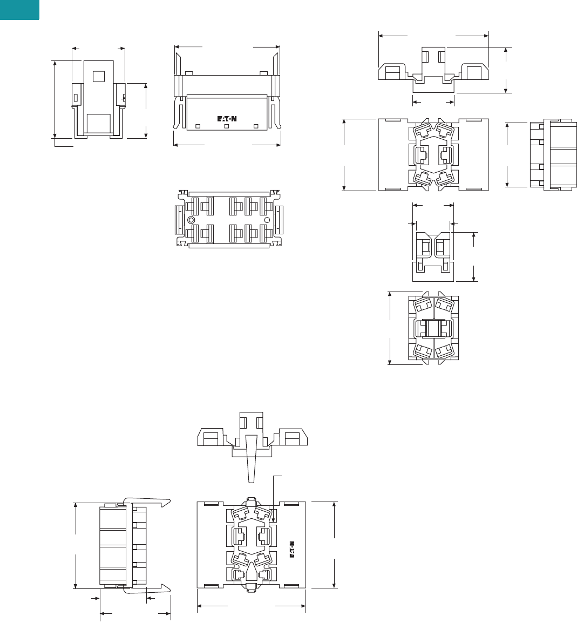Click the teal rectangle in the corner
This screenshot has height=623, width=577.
(19, 10)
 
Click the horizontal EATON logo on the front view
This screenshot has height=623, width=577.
(227, 118)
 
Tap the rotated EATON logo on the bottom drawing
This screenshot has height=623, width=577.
(292, 549)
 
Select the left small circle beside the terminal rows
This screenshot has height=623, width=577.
(191, 220)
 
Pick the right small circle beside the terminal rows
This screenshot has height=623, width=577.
(267, 220)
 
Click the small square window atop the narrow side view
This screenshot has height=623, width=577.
(98, 76)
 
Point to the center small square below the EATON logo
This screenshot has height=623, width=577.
(227, 126)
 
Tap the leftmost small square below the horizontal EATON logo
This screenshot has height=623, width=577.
(198, 126)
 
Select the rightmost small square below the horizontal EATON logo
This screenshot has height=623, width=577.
(256, 126)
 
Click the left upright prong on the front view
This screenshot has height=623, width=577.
(178, 64)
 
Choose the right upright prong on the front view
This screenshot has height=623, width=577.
(275, 64)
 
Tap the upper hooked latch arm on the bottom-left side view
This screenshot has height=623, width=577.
(147, 502)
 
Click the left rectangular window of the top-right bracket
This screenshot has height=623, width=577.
(392, 73)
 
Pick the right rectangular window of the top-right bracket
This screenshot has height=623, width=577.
(474, 73)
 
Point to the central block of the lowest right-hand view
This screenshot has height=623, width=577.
(433, 328)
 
